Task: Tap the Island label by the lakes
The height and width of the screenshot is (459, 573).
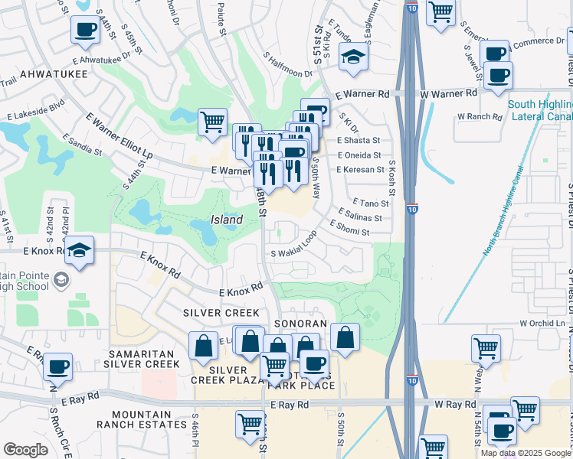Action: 228,220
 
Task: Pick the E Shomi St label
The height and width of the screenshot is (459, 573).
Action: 355,228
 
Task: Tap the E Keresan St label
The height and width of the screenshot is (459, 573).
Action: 359,170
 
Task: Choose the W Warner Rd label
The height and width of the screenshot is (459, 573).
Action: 448,93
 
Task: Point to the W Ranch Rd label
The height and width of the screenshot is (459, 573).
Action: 479,117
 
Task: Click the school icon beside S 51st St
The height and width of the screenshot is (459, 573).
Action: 354,58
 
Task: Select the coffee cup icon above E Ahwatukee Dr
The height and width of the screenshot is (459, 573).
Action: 85,31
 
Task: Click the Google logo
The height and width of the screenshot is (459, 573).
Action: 25,450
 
